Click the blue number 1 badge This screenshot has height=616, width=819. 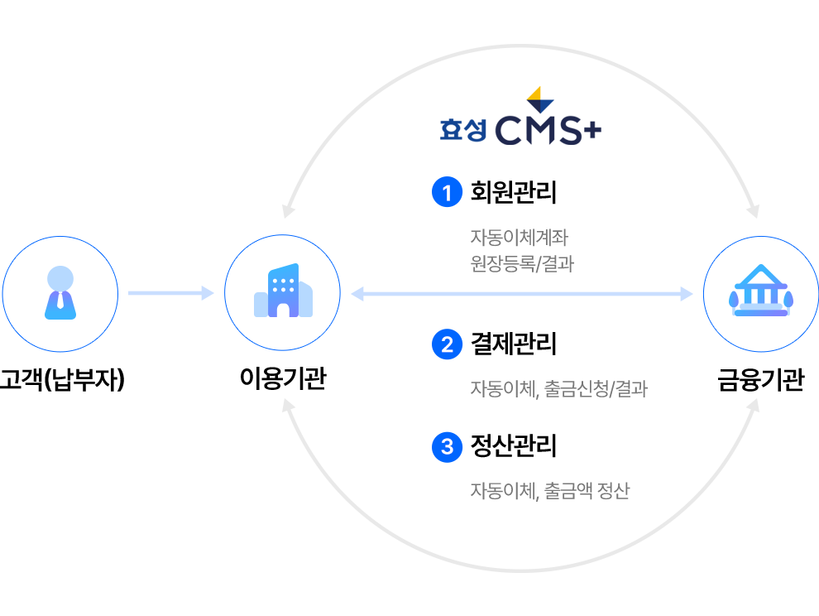(x=448, y=193)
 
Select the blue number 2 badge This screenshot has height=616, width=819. (x=448, y=344)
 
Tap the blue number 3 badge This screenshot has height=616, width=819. (x=448, y=447)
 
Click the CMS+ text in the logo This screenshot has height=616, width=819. (x=548, y=131)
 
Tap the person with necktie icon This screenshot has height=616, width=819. (x=60, y=293)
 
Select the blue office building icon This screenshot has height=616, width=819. (x=282, y=291)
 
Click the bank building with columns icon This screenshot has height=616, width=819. (x=759, y=293)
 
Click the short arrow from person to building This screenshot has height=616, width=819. (x=170, y=293)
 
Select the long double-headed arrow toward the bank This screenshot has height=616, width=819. (x=522, y=293)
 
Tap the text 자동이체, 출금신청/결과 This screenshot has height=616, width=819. (x=558, y=387)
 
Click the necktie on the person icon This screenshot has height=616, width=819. (x=60, y=300)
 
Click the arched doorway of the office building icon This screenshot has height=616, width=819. (x=283, y=309)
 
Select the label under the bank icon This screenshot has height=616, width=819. (x=759, y=380)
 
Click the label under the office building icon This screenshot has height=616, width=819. (x=282, y=380)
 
